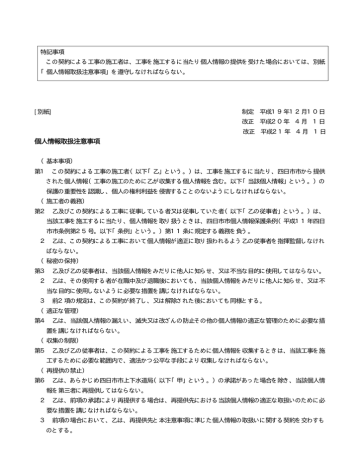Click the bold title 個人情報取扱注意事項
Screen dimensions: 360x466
[x=71, y=145]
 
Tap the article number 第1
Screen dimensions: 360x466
[x=40, y=172]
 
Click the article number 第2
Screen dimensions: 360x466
[x=40, y=211]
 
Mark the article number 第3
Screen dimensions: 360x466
[x=40, y=269]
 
